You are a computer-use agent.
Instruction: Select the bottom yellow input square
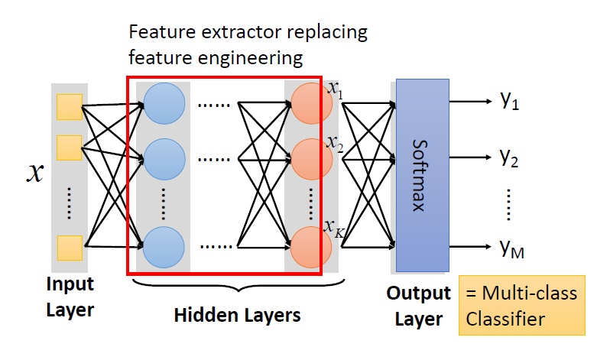(69, 247)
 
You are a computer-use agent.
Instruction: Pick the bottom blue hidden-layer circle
(164, 246)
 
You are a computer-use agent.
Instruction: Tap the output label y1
(510, 102)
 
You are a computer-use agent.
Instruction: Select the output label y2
(510, 157)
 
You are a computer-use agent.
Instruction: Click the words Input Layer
(70, 297)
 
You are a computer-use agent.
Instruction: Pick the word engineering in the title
(255, 57)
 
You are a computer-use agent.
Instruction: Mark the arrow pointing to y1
(470, 100)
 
